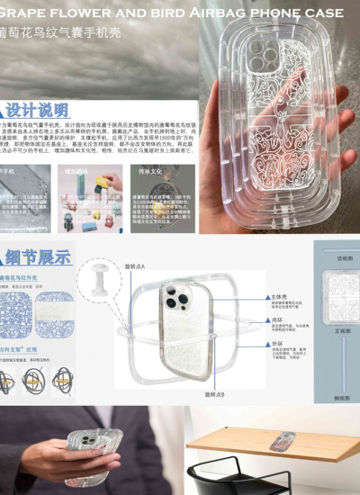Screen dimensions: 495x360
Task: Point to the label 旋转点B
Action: [213, 394]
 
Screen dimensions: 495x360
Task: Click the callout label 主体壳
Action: [280, 296]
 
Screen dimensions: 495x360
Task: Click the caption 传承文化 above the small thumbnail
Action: [149, 169]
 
